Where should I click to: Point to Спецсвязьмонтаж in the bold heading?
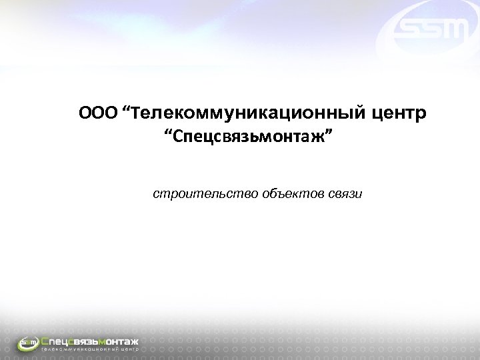(251, 138)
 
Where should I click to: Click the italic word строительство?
(193, 194)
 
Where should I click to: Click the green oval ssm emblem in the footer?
(29, 343)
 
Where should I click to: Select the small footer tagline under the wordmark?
(89, 349)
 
